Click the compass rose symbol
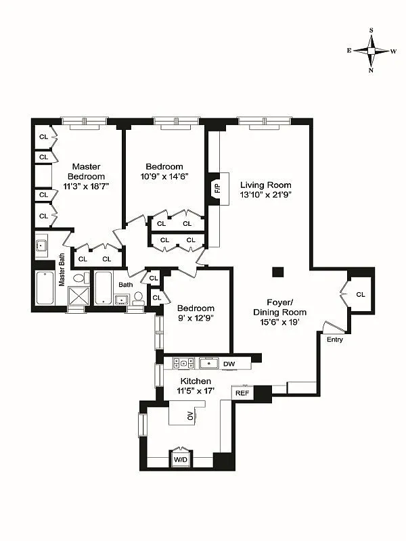click(371, 51)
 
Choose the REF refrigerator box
click(242, 393)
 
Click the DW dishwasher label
click(228, 364)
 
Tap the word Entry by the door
click(334, 339)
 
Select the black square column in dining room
click(277, 272)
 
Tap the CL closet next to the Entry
click(360, 294)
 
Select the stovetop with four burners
click(183, 363)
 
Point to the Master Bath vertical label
click(62, 269)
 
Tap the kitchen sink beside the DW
click(207, 363)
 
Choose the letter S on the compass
click(371, 30)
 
